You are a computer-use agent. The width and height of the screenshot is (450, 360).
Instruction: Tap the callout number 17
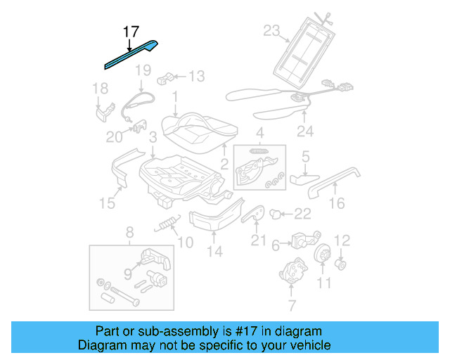(131, 32)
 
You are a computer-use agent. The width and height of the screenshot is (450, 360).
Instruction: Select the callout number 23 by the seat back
(271, 30)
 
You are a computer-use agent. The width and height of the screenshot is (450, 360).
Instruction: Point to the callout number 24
(304, 130)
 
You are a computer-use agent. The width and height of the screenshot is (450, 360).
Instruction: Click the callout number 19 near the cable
(143, 70)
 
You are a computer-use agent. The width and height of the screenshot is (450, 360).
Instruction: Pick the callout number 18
(101, 88)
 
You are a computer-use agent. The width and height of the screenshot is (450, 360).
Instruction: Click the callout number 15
(106, 203)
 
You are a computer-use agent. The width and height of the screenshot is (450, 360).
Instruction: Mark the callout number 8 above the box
(129, 232)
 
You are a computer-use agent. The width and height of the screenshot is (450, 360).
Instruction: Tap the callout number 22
(302, 214)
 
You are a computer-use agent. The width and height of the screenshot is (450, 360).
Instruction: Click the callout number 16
(337, 204)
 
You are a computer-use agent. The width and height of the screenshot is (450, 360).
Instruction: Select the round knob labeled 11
(323, 255)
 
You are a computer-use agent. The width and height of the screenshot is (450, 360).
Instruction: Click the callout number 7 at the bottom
(292, 305)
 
